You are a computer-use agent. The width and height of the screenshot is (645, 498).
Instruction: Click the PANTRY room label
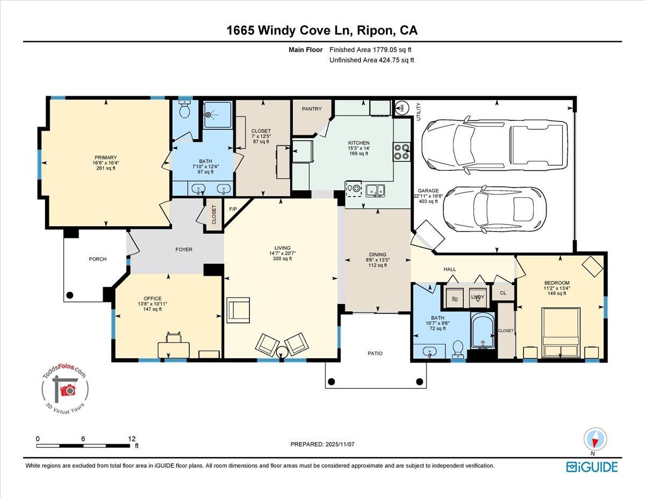pyautogui.click(x=312, y=109)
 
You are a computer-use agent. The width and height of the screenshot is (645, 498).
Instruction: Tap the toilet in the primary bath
pyautogui.click(x=185, y=111)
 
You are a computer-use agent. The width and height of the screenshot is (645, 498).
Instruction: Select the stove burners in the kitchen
pyautogui.click(x=401, y=152)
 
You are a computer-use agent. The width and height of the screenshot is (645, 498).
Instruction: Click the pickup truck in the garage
pyautogui.click(x=493, y=145)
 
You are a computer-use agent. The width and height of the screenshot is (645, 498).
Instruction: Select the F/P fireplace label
pyautogui.click(x=233, y=208)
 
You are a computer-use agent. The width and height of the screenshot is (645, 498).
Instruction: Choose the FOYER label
pyautogui.click(x=184, y=249)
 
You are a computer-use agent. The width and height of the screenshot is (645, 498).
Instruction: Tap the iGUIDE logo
pyautogui.click(x=592, y=466)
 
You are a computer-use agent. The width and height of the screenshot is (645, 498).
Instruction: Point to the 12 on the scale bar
pyautogui.click(x=132, y=438)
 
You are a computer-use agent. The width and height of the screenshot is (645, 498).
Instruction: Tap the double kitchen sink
pyautogui.click(x=375, y=190)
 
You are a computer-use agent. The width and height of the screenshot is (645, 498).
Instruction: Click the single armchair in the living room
pyautogui.click(x=238, y=311)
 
